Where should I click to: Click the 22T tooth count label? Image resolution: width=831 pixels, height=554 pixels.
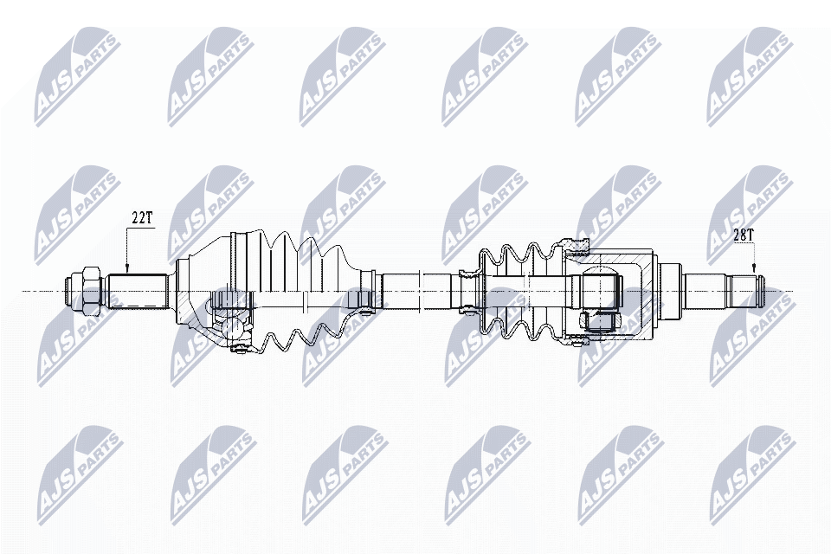(x=141, y=218)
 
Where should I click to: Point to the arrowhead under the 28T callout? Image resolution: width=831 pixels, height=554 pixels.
(x=754, y=269)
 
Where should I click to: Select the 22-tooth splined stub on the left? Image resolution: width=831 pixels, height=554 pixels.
(x=137, y=291)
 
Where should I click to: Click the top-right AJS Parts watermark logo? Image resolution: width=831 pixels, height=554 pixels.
(x=750, y=76)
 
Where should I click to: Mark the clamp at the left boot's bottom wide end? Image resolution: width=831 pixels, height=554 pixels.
(x=240, y=348)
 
